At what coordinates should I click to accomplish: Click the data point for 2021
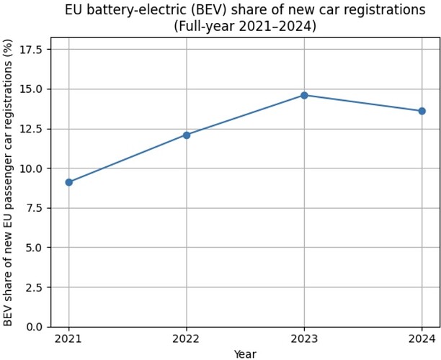click(69, 182)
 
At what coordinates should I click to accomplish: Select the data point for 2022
click(187, 135)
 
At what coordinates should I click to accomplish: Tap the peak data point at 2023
click(304, 95)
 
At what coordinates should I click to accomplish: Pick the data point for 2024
click(422, 112)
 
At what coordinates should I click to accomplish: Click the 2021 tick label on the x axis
click(68, 339)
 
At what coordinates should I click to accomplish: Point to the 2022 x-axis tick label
click(186, 339)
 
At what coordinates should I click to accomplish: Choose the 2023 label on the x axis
click(304, 339)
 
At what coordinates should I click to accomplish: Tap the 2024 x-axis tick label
click(422, 339)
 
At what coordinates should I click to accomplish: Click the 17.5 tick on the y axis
click(31, 50)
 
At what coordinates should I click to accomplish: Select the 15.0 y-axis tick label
click(31, 89)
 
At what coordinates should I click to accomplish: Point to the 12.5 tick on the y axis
click(31, 129)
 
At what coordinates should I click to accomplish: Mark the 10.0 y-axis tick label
click(31, 168)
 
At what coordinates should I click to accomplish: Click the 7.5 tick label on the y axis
click(34, 208)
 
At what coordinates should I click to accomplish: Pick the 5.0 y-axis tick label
click(34, 248)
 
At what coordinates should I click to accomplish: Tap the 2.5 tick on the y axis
click(34, 287)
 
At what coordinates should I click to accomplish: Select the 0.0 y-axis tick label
click(34, 327)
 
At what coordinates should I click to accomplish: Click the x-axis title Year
click(245, 354)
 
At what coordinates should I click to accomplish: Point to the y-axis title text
click(8, 182)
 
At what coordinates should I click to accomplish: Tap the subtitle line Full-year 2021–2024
click(245, 27)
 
